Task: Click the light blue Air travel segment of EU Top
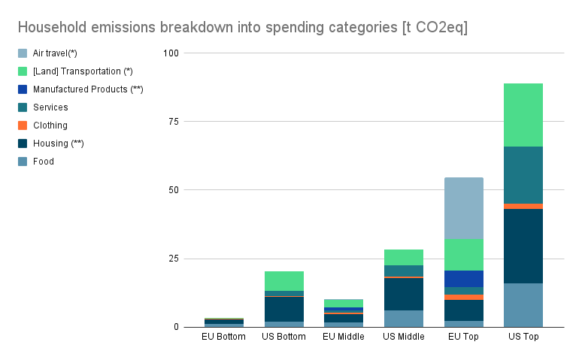click(x=463, y=207)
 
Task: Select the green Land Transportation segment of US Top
click(x=523, y=114)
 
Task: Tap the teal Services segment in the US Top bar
click(x=523, y=174)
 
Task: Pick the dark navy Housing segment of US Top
click(x=523, y=246)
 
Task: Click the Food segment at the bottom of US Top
click(x=523, y=304)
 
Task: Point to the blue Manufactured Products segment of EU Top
click(x=463, y=278)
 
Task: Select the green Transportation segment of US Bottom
click(x=283, y=280)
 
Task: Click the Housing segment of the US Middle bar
click(x=403, y=294)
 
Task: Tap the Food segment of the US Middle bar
click(x=403, y=318)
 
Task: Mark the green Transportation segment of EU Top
click(x=463, y=254)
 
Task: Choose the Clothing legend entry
click(x=50, y=126)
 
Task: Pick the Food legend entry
click(x=43, y=162)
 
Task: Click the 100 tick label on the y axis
click(x=171, y=53)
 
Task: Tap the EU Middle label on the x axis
click(x=343, y=337)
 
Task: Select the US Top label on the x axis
click(x=523, y=337)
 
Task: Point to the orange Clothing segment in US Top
click(x=523, y=206)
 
